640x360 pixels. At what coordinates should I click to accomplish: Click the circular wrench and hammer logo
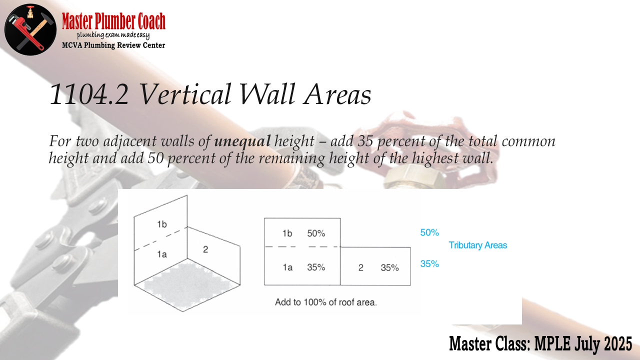[30, 29]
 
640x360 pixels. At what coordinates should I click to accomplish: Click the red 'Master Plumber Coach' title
[113, 21]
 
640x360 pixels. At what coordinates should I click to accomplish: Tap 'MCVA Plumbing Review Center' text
[113, 45]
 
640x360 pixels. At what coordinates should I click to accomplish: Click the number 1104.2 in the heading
[89, 94]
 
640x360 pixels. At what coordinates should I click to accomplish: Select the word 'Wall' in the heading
[267, 94]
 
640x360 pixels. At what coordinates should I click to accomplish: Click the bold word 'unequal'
[242, 141]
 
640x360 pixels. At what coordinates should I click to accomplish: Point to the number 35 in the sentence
[365, 141]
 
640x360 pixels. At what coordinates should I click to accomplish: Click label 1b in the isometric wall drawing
[162, 224]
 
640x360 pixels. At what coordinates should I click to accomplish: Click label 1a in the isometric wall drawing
[162, 254]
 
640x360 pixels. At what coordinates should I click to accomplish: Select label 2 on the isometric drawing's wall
[205, 249]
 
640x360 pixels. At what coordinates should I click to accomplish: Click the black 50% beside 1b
[316, 233]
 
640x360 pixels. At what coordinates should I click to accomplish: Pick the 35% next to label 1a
[316, 267]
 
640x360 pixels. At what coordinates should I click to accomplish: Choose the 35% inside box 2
[389, 267]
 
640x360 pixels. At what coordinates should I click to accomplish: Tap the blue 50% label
[429, 232]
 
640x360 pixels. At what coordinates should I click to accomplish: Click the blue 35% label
[429, 263]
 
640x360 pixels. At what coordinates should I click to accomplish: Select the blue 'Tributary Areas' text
[477, 245]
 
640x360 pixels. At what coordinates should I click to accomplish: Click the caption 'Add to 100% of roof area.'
[326, 302]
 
